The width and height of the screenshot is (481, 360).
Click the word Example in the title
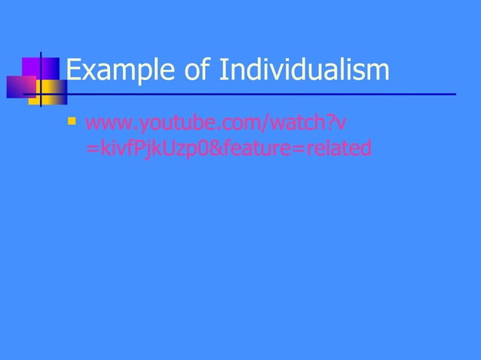coord(118,71)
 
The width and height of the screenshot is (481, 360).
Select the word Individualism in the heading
coord(305,71)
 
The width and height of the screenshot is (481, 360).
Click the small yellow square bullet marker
coord(72,119)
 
